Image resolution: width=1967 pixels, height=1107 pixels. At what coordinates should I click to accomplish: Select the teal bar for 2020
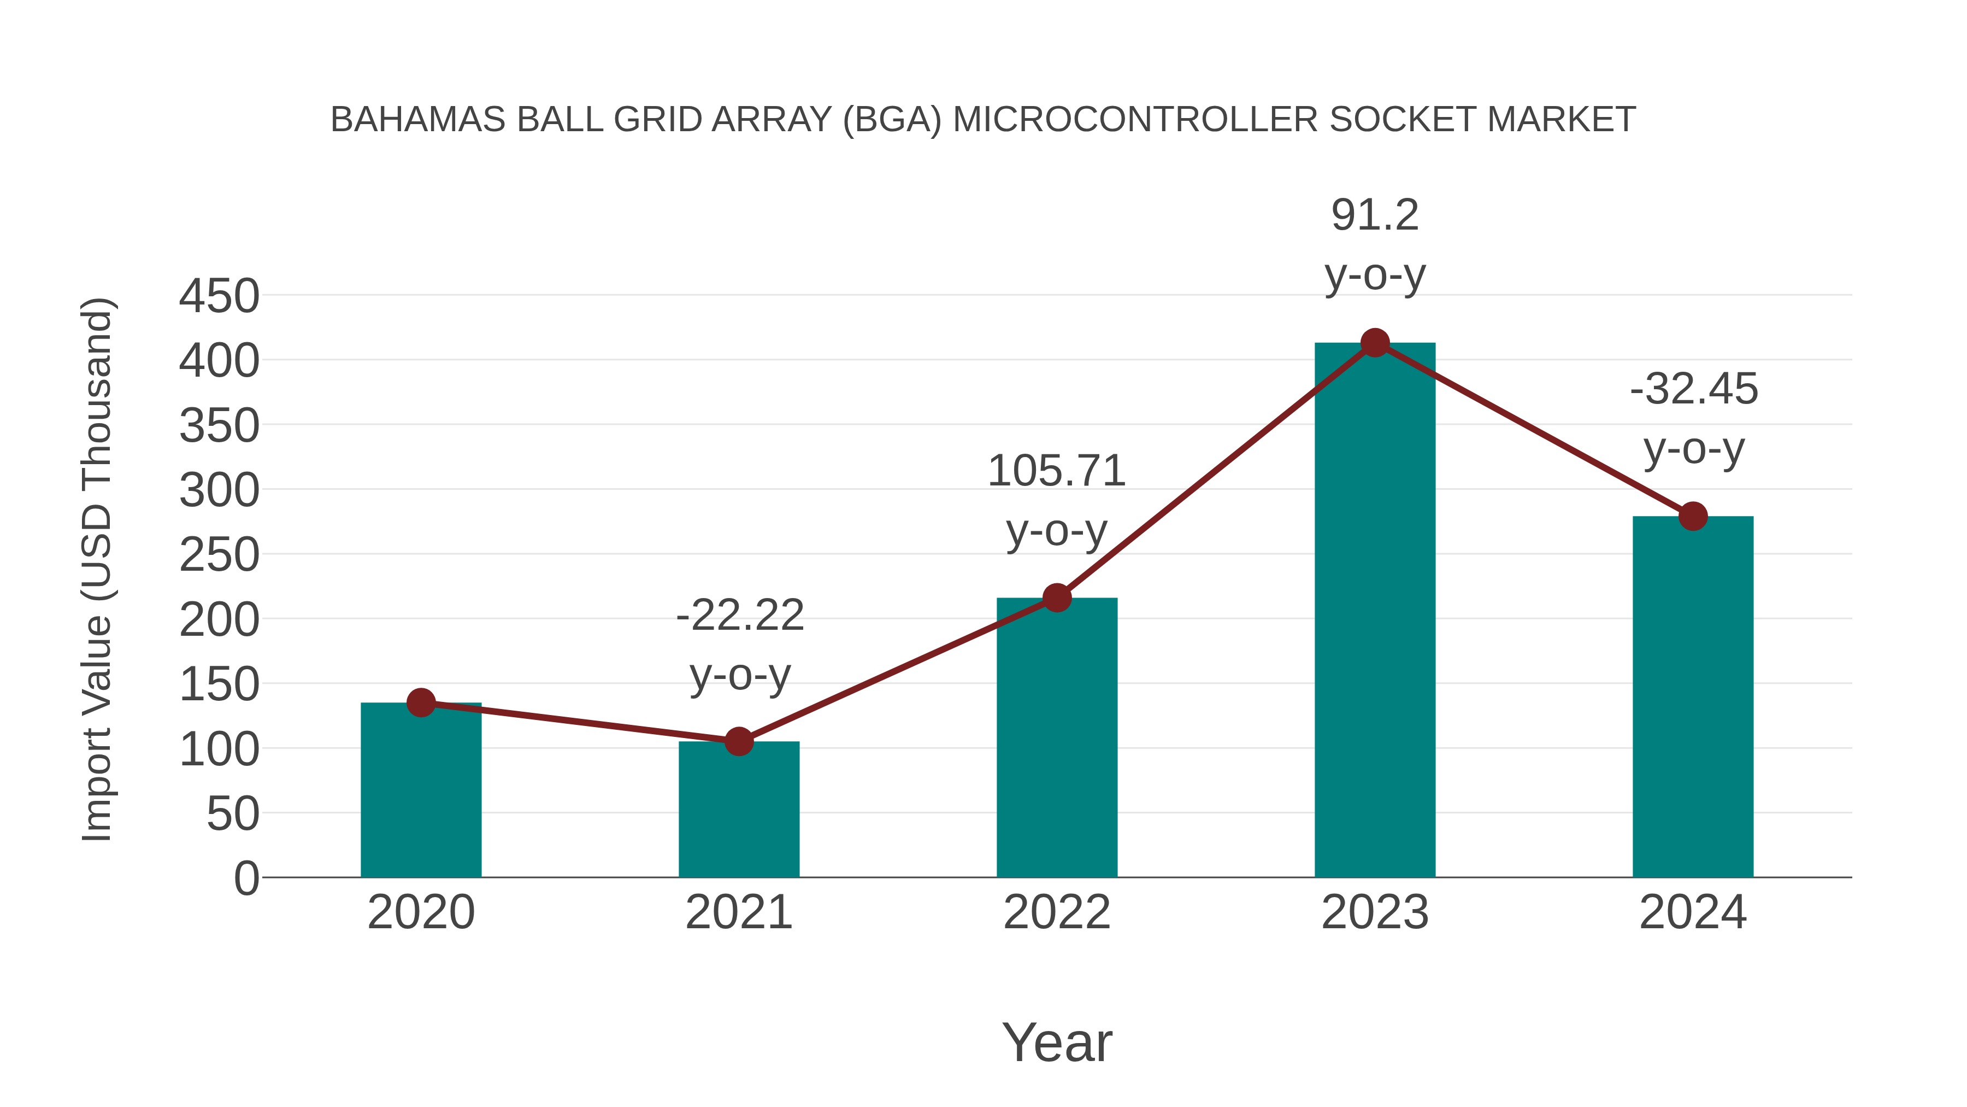pyautogui.click(x=421, y=794)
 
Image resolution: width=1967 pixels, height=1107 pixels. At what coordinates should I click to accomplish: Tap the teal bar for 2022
pyautogui.click(x=1057, y=741)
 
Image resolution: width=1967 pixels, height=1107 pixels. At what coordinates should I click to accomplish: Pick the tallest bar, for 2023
pyautogui.click(x=1375, y=611)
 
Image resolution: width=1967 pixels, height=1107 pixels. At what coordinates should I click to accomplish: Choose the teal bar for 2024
pyautogui.click(x=1693, y=699)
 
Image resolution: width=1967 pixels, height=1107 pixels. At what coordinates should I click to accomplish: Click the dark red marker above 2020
pyautogui.click(x=421, y=702)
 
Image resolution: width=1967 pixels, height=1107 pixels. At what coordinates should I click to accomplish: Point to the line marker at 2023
pyautogui.click(x=1375, y=343)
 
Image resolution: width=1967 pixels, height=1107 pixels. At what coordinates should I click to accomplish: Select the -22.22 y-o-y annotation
pyautogui.click(x=740, y=645)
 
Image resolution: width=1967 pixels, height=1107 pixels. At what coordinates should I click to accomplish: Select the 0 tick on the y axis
pyautogui.click(x=246, y=878)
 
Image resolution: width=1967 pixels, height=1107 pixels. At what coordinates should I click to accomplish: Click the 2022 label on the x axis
pyautogui.click(x=1057, y=912)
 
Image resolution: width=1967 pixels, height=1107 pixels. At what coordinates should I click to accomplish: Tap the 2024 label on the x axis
pyautogui.click(x=1693, y=912)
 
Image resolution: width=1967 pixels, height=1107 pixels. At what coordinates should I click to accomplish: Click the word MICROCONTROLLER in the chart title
pyautogui.click(x=1135, y=120)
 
